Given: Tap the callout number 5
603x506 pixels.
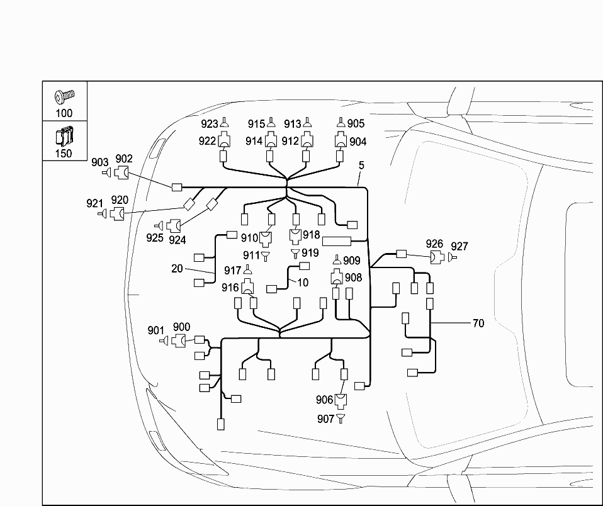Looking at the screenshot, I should pyautogui.click(x=361, y=166).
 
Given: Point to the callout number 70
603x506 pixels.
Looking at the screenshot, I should pyautogui.click(x=478, y=323).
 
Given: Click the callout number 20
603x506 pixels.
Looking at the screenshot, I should pyautogui.click(x=177, y=268).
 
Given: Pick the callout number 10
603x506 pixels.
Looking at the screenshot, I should pyautogui.click(x=303, y=283).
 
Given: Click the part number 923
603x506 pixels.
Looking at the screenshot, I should pyautogui.click(x=210, y=124).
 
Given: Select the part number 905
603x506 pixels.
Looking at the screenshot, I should pyautogui.click(x=356, y=124).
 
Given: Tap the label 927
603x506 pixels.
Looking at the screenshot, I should pyautogui.click(x=459, y=246).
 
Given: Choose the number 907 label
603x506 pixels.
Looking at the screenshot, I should pyautogui.click(x=325, y=418).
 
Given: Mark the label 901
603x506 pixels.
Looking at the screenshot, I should pyautogui.click(x=155, y=330).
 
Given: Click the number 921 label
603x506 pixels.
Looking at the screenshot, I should pyautogui.click(x=94, y=203).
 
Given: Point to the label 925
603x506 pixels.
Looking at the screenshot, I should pyautogui.click(x=154, y=237).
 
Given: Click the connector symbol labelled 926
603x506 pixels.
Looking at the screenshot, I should pyautogui.click(x=436, y=257).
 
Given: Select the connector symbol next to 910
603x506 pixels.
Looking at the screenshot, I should pyautogui.click(x=266, y=238).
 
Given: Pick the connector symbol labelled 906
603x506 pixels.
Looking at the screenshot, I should pyautogui.click(x=341, y=400).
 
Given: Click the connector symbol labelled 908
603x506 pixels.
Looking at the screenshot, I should pyautogui.click(x=337, y=276).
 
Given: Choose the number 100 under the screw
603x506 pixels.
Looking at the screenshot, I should pyautogui.click(x=64, y=113).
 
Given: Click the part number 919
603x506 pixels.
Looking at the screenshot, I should pyautogui.click(x=310, y=253).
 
